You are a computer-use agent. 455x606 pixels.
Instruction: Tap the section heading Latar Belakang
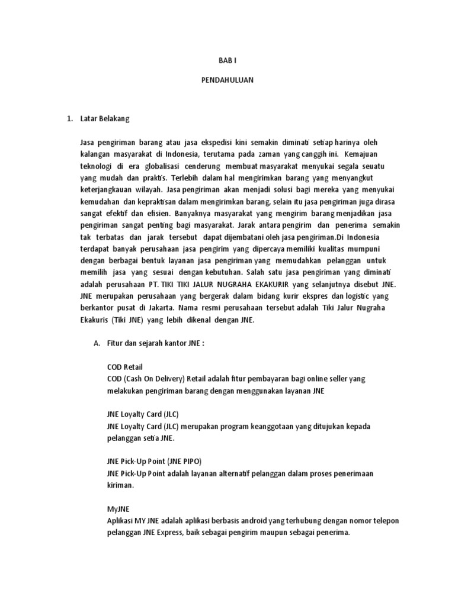(105, 118)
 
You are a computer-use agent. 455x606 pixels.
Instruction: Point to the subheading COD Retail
(125, 367)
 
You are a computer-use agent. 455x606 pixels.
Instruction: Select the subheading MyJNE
(118, 508)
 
